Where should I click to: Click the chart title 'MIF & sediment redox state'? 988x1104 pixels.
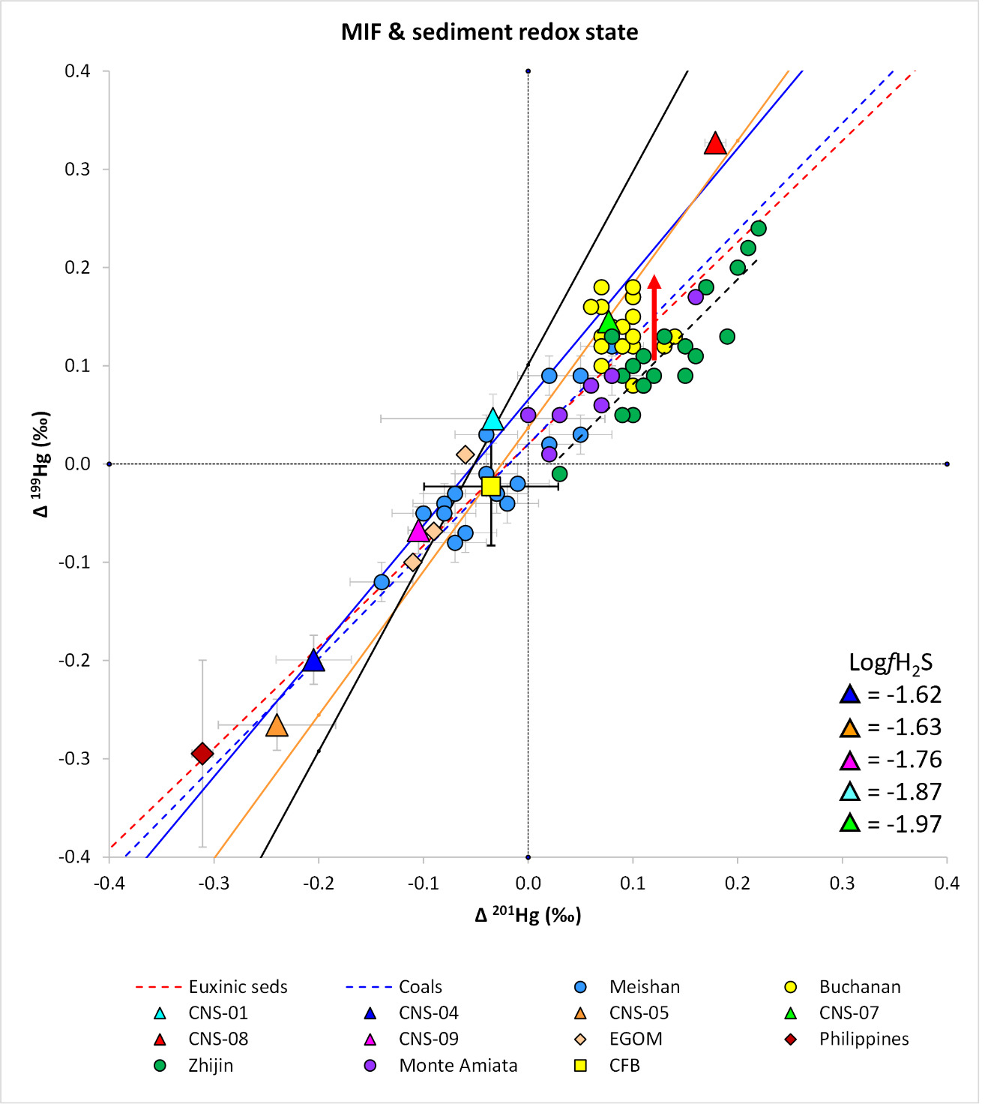coord(490,32)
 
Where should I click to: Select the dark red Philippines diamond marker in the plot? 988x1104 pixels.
coord(202,753)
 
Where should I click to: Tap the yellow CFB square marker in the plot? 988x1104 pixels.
coord(491,486)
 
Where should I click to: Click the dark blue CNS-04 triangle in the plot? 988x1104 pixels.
coord(314,661)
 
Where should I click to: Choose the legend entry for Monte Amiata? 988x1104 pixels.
coord(457,1066)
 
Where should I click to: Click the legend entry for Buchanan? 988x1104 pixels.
coord(859,987)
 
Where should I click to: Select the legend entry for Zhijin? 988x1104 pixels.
coord(211,1066)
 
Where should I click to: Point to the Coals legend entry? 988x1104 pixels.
coord(420,987)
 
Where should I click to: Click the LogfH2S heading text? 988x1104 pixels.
coord(891,662)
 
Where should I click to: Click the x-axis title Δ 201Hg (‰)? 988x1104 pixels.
coord(528,915)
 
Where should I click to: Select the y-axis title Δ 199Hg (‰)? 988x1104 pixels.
coord(41,463)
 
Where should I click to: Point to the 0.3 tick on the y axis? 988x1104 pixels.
coord(77,169)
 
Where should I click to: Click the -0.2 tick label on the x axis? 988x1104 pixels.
coord(319,883)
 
